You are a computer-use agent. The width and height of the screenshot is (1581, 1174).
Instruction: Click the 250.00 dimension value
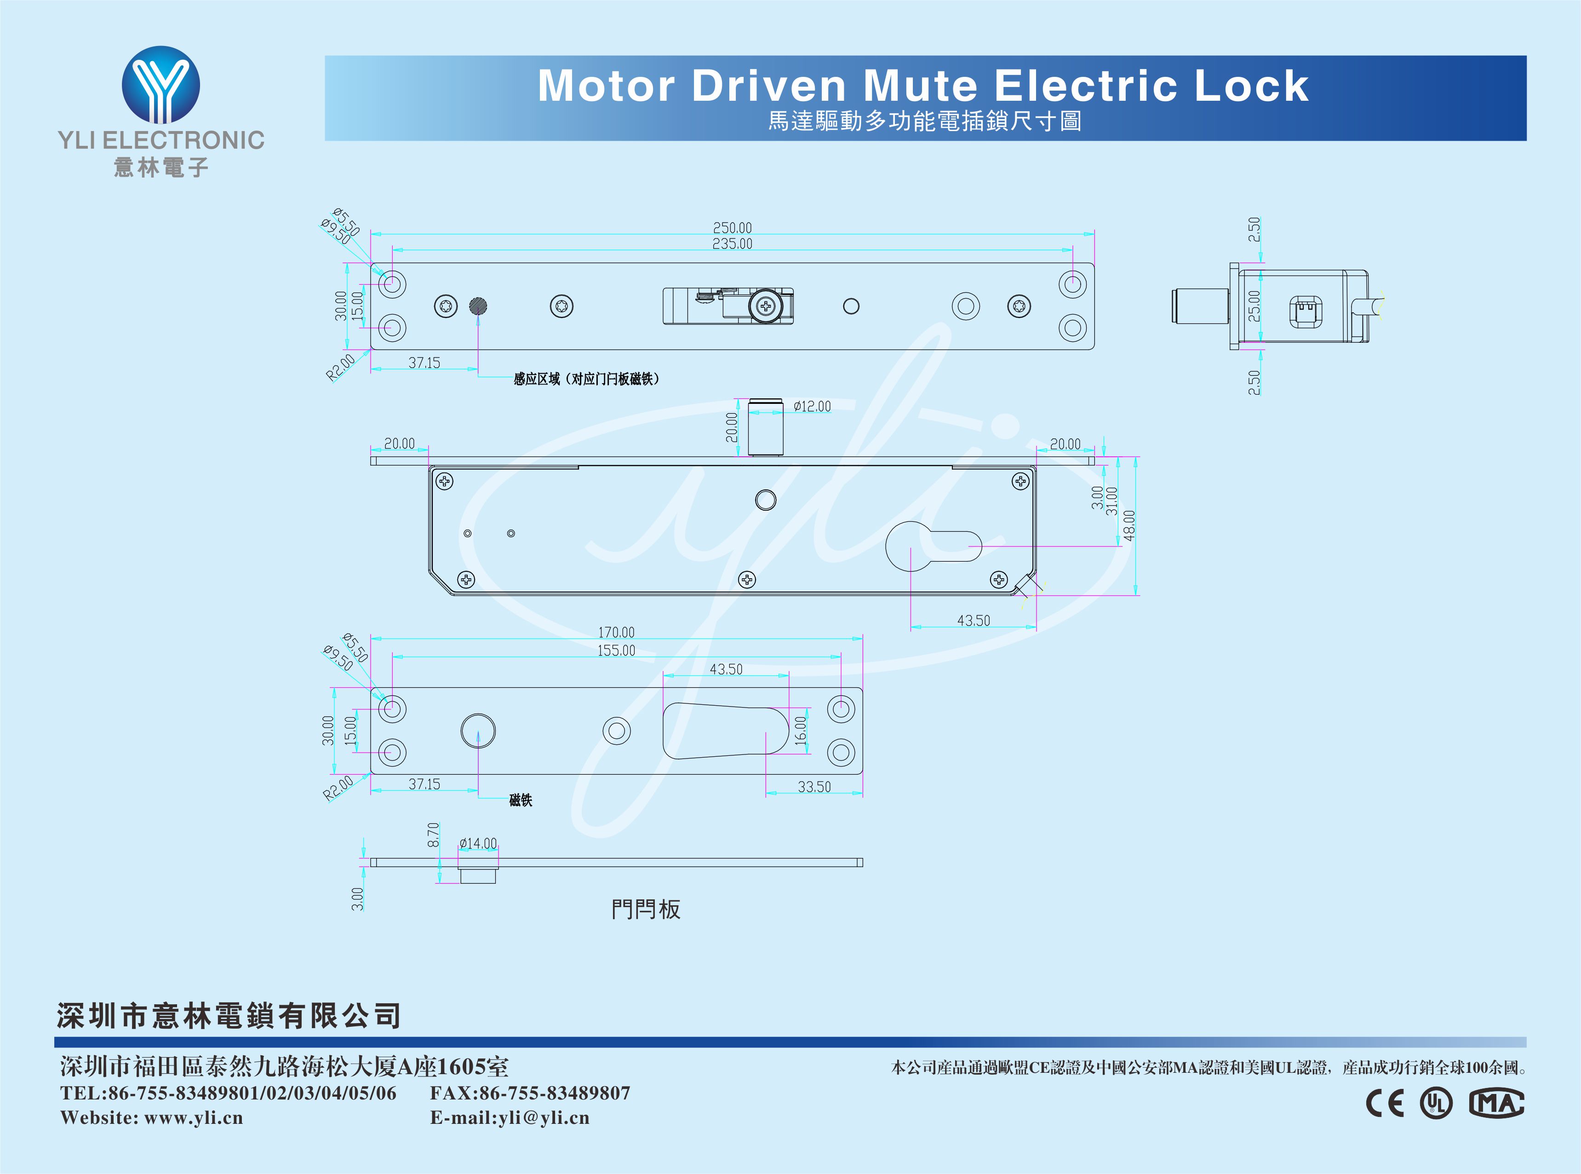click(732, 227)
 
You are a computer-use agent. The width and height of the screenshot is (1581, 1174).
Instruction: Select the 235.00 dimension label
click(732, 244)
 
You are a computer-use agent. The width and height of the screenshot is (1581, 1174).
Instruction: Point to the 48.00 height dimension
click(1129, 525)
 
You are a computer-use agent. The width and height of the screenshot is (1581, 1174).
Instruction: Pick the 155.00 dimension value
click(616, 650)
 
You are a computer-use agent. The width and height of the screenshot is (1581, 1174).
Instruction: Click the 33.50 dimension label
click(814, 787)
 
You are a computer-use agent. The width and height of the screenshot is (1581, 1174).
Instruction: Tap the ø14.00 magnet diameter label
click(478, 844)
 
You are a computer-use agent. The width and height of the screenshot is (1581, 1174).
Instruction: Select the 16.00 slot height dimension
click(801, 730)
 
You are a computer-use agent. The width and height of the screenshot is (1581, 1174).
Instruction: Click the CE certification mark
click(1385, 1104)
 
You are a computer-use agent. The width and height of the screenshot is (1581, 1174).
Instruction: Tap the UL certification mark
click(1436, 1104)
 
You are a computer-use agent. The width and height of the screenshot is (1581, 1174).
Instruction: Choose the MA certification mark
click(1496, 1104)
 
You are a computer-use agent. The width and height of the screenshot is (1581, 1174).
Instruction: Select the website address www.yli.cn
click(193, 1118)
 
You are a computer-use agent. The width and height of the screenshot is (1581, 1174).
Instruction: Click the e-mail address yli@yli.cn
click(544, 1118)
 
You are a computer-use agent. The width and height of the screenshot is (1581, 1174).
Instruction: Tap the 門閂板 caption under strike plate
click(646, 909)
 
